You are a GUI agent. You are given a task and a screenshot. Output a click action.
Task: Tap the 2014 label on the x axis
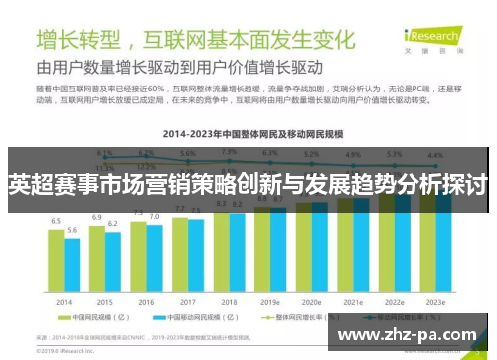tap(64, 302)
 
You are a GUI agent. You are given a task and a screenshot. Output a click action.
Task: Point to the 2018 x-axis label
tap(229, 302)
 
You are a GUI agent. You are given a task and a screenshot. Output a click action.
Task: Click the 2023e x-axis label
tap(435, 302)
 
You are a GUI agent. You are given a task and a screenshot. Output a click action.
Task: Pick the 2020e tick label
tap(311, 302)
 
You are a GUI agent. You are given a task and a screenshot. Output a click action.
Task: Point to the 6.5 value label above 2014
tap(57, 221)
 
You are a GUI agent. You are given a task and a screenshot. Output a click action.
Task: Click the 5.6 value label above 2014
tap(72, 230)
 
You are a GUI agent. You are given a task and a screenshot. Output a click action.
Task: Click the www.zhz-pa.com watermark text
tap(409, 334)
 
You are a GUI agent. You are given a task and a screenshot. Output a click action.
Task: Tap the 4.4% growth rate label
tap(434, 156)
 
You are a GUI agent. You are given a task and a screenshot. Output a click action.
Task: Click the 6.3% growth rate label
tap(269, 154)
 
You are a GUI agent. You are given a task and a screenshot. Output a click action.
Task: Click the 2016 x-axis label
tap(146, 302)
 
